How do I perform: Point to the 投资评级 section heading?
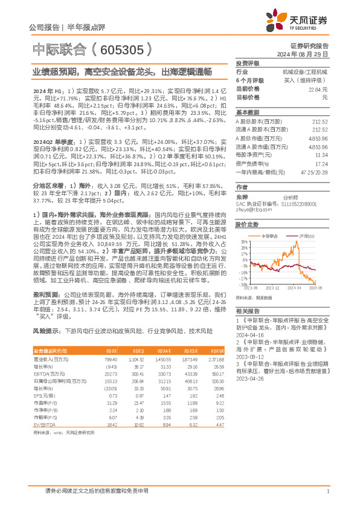pyautogui.click(x=248, y=63)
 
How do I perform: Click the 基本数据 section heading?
pyautogui.click(x=247, y=113)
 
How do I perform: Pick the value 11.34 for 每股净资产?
pyautogui.click(x=322, y=154)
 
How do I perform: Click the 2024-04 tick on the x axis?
pyautogui.click(x=294, y=288)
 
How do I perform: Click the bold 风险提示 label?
pyautogui.click(x=46, y=331)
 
